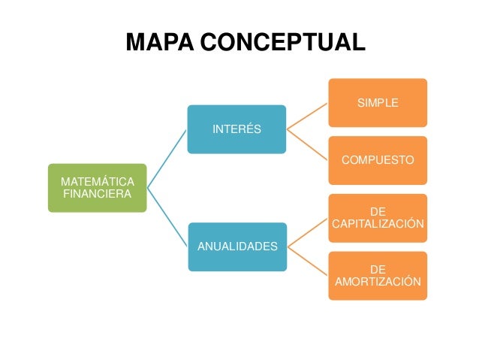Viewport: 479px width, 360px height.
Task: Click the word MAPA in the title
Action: [x=161, y=42]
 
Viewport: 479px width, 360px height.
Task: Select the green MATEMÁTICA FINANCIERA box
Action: [x=98, y=188]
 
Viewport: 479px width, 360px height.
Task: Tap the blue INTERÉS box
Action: [x=236, y=129]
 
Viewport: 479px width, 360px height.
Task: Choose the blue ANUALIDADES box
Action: [x=236, y=247]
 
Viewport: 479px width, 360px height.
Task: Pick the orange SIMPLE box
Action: [x=378, y=103]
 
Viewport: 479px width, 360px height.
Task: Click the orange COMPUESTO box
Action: [x=378, y=160]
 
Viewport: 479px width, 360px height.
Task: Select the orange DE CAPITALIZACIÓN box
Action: [x=378, y=218]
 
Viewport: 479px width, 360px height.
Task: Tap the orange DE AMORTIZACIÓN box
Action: [x=378, y=276]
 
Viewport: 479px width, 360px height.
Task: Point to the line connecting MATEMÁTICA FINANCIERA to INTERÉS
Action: [x=167, y=159]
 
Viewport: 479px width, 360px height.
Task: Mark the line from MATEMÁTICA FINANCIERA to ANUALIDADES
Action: [x=167, y=217]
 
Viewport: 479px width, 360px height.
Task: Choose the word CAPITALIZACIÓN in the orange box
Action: [x=378, y=224]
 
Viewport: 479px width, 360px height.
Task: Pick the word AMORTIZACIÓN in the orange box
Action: [x=378, y=282]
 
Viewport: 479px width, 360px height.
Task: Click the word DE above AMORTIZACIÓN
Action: [x=378, y=269]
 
